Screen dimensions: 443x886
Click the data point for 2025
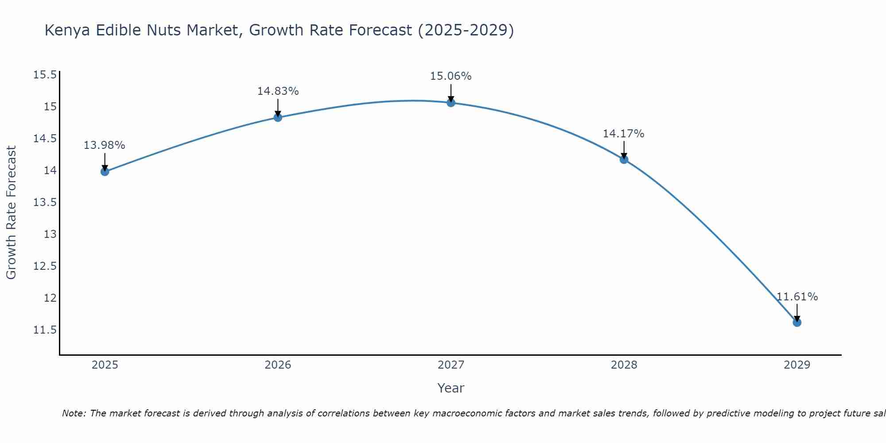(x=105, y=172)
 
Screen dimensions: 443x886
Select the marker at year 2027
(x=451, y=103)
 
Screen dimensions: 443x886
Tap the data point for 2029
(x=797, y=323)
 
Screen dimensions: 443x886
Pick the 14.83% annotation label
(x=278, y=91)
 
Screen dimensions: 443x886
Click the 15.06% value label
(x=451, y=76)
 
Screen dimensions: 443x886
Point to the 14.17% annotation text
(x=623, y=134)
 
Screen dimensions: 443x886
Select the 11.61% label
(x=797, y=297)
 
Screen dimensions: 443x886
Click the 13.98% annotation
(x=105, y=145)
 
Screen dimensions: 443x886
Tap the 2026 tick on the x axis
(x=278, y=365)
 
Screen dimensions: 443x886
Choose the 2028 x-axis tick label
(x=624, y=365)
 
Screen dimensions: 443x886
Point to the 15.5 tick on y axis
(x=45, y=75)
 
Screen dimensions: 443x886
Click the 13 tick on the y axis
(x=50, y=234)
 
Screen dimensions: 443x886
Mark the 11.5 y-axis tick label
(x=45, y=330)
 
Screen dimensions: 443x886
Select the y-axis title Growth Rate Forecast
(x=11, y=213)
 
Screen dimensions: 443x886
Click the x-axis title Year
(x=451, y=388)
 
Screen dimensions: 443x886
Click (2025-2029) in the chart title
(x=466, y=31)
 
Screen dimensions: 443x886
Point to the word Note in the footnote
(x=74, y=413)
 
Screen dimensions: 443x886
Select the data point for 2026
(x=278, y=117)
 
